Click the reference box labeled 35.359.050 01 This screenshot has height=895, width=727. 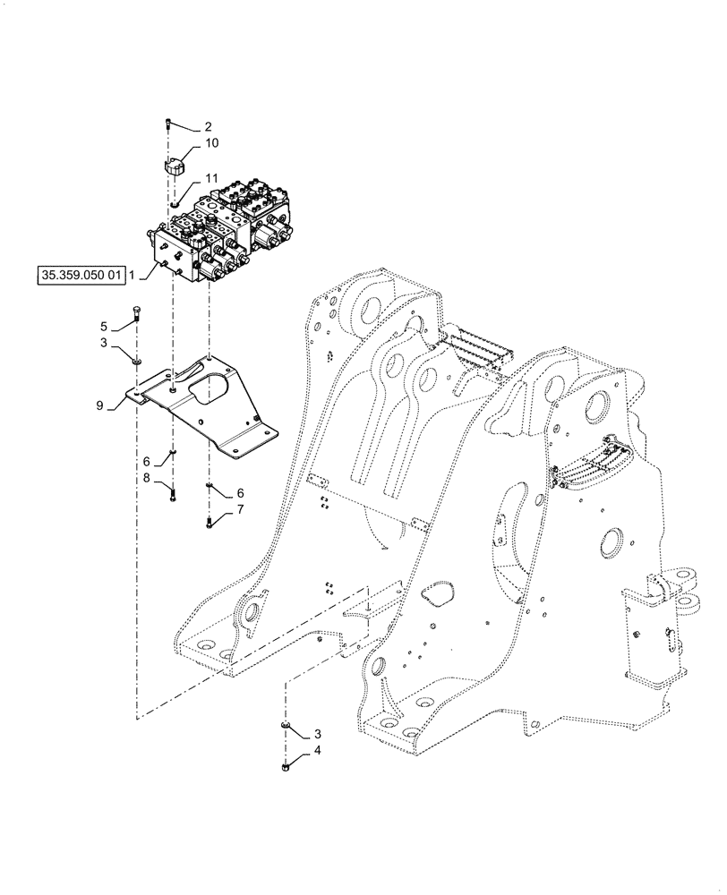point(80,276)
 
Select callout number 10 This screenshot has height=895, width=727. point(210,143)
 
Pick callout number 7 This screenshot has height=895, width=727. point(239,510)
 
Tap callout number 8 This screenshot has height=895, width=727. point(147,480)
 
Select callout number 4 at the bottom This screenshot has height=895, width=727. point(316,752)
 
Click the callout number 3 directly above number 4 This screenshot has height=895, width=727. point(316,733)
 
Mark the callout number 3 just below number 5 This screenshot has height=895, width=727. point(104,342)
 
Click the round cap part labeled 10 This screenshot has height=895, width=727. point(175,166)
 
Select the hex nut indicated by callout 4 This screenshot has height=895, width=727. point(286,765)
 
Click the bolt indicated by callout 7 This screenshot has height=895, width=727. point(209,519)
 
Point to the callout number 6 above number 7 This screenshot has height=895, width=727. point(239,493)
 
